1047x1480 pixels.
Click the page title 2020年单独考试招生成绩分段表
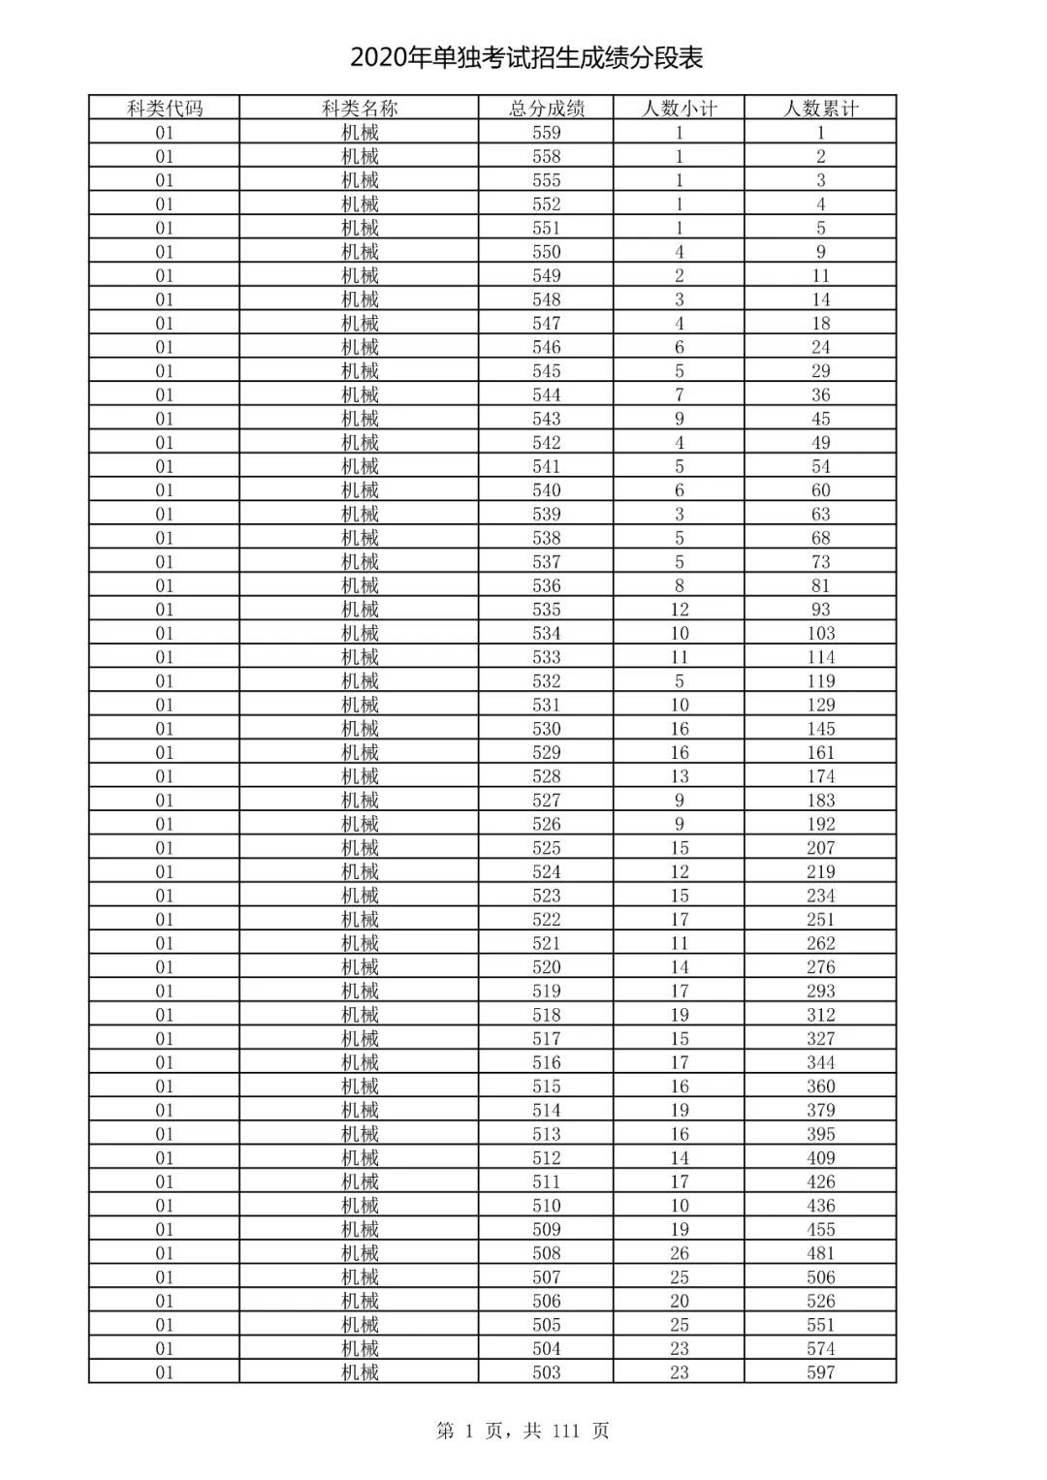[526, 58]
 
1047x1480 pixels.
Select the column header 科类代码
[165, 109]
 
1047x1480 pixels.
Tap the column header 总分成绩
[547, 109]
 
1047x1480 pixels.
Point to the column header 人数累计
[820, 109]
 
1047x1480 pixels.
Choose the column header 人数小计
[679, 109]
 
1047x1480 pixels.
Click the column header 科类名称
[360, 109]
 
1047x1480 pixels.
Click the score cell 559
[547, 133]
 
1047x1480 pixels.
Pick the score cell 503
[547, 1372]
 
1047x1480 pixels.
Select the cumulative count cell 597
[820, 1372]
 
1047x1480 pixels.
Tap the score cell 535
[547, 610]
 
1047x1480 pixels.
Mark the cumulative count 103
[820, 633]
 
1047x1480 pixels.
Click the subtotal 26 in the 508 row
[679, 1253]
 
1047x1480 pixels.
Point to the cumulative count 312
[820, 1015]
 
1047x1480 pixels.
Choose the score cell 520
[547, 967]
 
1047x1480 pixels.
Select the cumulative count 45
[820, 419]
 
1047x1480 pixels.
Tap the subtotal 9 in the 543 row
[679, 419]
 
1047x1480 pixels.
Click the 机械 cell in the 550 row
[360, 252]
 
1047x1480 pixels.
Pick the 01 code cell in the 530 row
[165, 729]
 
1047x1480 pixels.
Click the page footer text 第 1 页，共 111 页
[523, 1431]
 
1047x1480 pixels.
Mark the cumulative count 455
[820, 1229]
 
